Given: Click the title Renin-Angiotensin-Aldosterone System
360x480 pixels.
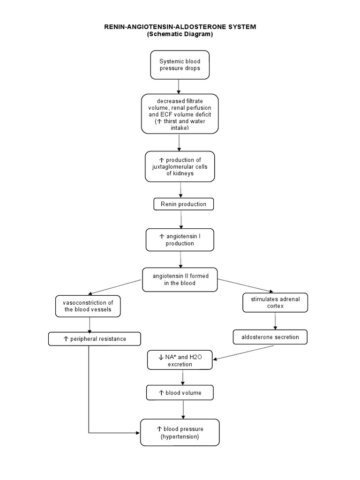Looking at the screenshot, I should pyautogui.click(x=180, y=27).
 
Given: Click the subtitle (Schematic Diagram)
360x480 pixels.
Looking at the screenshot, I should pyautogui.click(x=180, y=34).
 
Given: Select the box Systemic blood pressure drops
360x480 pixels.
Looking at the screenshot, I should pyautogui.click(x=180, y=65).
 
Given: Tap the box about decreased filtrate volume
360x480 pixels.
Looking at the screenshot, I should pyautogui.click(x=180, y=114).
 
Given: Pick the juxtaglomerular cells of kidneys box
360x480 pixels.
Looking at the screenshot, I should pyautogui.click(x=180, y=166).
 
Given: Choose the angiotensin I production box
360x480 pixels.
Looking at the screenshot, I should pyautogui.click(x=180, y=240).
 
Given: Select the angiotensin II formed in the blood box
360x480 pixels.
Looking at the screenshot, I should pyautogui.click(x=180, y=279).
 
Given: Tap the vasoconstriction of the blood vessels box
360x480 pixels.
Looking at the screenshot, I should pyautogui.click(x=88, y=306).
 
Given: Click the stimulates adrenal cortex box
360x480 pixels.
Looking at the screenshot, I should pyautogui.click(x=275, y=302).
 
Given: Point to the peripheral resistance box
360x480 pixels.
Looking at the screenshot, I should pyautogui.click(x=94, y=338).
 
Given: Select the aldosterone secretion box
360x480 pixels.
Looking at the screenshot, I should pyautogui.click(x=270, y=337).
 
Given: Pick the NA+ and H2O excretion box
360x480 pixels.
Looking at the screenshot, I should pyautogui.click(x=180, y=360).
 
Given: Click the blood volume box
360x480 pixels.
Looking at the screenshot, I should pyautogui.click(x=180, y=393).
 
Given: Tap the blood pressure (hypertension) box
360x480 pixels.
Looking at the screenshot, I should pyautogui.click(x=180, y=432).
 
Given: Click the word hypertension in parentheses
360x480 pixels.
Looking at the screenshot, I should pyautogui.click(x=180, y=436).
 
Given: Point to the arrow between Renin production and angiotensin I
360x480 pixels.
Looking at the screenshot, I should pyautogui.click(x=181, y=219).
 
